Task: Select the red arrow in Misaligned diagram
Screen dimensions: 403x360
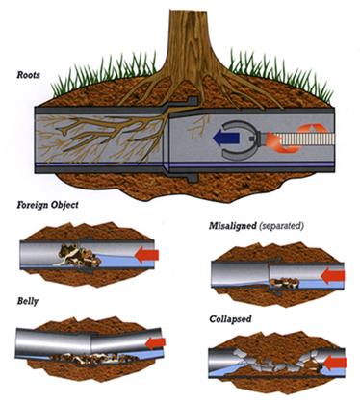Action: [330, 274]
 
